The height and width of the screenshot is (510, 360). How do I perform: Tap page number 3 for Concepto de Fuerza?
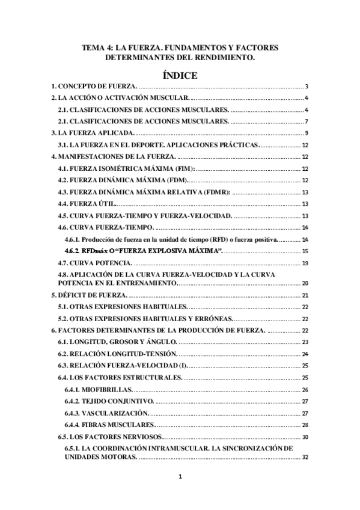307,87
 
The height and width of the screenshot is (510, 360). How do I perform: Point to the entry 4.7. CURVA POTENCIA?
94,263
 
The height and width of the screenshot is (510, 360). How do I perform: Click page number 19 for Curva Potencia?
305,263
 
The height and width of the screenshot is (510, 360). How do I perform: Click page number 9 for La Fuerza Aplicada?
307,133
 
